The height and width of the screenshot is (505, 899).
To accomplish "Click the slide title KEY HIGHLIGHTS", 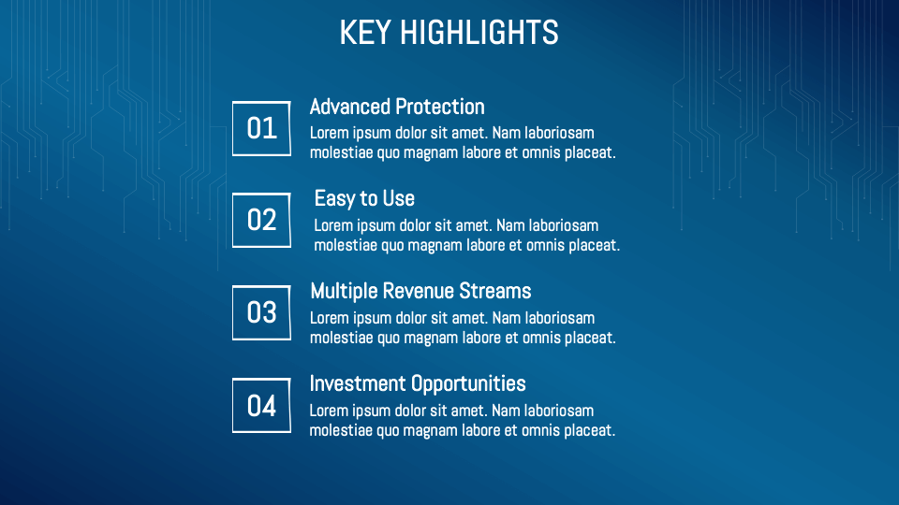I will tap(449, 33).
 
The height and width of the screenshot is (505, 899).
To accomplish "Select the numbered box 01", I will tap(261, 128).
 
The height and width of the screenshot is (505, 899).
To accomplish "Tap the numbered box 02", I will tap(261, 220).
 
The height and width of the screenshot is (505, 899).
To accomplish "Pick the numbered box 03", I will tap(261, 312).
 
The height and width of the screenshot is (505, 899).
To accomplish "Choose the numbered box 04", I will tap(261, 406).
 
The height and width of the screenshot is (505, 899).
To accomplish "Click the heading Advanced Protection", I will tap(397, 107).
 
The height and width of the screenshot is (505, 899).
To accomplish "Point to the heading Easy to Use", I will tap(364, 198).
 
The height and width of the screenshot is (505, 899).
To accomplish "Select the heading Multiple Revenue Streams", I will tap(420, 291).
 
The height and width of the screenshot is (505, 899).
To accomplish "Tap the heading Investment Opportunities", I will tap(418, 383).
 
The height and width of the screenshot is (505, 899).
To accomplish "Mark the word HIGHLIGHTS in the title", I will tap(479, 33).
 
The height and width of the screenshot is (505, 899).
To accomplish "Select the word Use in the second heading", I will tap(398, 198).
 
